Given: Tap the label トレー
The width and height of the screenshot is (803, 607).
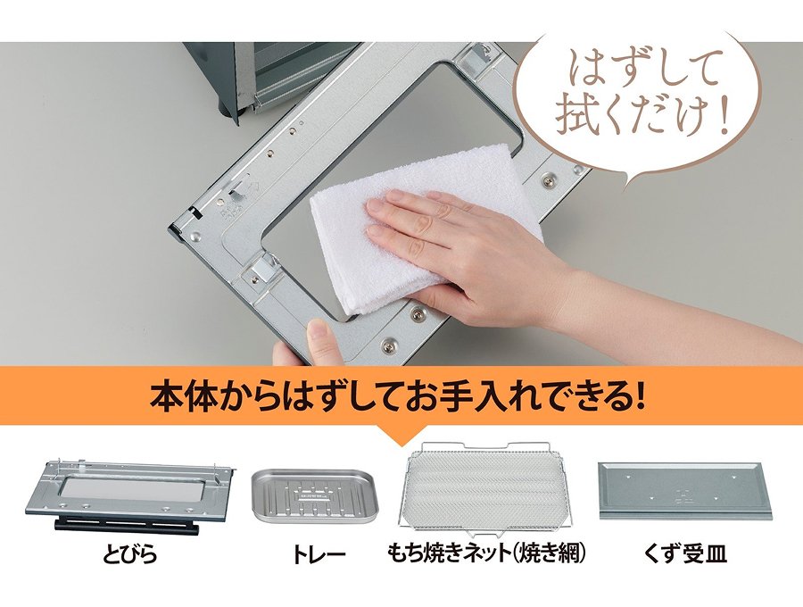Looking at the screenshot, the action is [x=319, y=554].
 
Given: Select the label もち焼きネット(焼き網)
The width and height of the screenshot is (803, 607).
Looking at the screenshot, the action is [x=486, y=553].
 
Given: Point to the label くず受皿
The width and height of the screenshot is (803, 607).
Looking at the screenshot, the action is [x=686, y=553].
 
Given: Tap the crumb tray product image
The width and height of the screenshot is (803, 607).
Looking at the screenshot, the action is [x=685, y=491].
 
